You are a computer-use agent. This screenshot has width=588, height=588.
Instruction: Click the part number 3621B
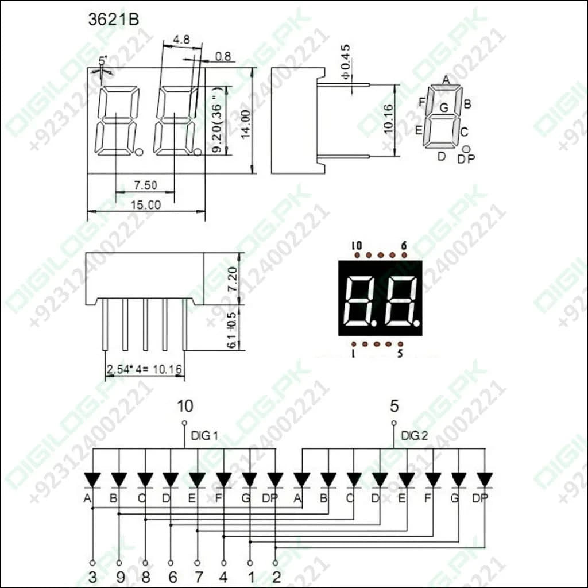click(113, 20)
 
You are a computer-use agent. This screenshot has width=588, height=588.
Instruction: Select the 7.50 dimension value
click(145, 185)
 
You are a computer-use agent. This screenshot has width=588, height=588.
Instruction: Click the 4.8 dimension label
click(181, 41)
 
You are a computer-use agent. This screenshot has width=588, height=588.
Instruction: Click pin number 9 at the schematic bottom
click(119, 577)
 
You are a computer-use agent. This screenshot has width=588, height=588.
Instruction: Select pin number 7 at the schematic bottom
click(198, 577)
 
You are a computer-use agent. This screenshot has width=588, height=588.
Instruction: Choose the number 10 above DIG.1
click(184, 407)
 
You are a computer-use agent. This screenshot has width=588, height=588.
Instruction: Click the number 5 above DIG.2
click(394, 407)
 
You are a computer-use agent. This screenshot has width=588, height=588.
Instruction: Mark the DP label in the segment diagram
click(466, 159)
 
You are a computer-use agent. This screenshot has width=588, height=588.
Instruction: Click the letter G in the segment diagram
click(443, 107)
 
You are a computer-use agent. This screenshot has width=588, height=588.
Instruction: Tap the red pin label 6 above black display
click(404, 246)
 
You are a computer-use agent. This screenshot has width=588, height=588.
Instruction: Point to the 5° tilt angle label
click(103, 60)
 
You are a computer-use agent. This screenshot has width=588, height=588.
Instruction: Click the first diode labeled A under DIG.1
click(92, 479)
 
